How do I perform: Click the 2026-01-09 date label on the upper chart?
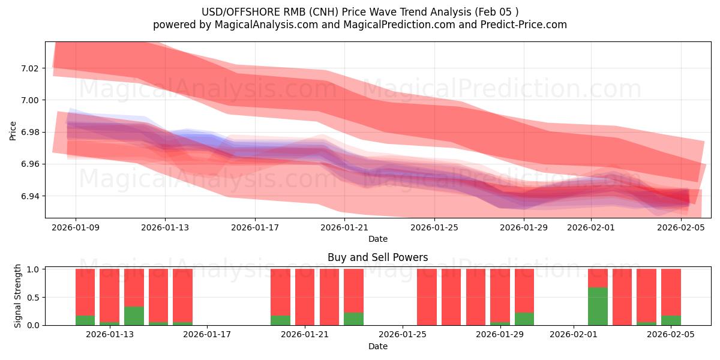pyautogui.click(x=76, y=227)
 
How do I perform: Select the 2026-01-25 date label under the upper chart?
pyautogui.click(x=434, y=227)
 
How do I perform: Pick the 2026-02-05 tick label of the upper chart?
pyautogui.click(x=681, y=227)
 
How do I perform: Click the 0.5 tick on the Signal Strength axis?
pyautogui.click(x=34, y=297)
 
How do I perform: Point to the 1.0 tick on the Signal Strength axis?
pyautogui.click(x=34, y=269)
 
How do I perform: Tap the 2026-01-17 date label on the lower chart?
pyautogui.click(x=207, y=335)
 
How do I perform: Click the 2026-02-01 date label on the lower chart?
pyautogui.click(x=574, y=335)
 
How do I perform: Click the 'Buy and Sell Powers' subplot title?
pyautogui.click(x=377, y=257)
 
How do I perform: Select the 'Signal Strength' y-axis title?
pyautogui.click(x=18, y=296)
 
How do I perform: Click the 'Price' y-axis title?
pyautogui.click(x=13, y=130)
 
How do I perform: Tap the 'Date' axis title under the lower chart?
pyautogui.click(x=377, y=346)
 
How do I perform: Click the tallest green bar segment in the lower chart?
pyautogui.click(x=598, y=306)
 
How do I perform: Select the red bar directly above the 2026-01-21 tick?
pyautogui.click(x=305, y=296)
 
